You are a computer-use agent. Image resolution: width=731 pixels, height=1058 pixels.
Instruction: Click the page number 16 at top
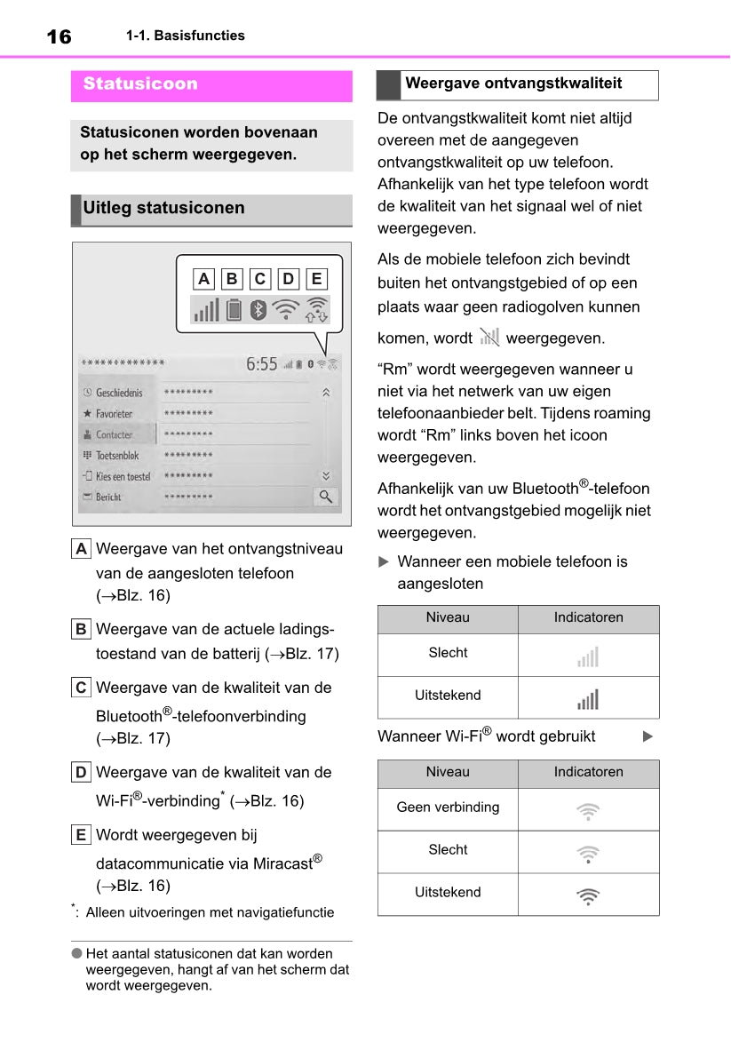pyautogui.click(x=59, y=36)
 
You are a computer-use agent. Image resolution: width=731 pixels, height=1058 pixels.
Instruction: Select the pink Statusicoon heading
pyautogui.click(x=140, y=84)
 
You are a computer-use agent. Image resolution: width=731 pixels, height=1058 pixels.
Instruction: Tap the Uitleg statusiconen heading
pyautogui.click(x=163, y=209)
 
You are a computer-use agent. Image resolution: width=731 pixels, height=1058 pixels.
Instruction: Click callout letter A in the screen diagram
pyautogui.click(x=204, y=279)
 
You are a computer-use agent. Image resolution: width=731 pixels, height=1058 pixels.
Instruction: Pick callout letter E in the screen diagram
pyautogui.click(x=316, y=279)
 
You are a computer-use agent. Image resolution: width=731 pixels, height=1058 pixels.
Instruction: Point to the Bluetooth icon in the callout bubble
pyautogui.click(x=258, y=310)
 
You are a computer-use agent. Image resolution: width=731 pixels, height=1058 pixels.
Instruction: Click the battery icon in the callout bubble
pyautogui.click(x=234, y=310)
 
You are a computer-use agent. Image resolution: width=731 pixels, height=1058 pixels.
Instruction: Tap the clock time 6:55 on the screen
pyautogui.click(x=262, y=364)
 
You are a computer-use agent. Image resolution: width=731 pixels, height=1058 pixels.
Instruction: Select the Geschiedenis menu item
pyautogui.click(x=118, y=393)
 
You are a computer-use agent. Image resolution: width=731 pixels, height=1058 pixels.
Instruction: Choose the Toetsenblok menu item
pyautogui.click(x=116, y=456)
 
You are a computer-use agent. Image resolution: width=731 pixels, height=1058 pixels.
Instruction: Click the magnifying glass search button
pyautogui.click(x=326, y=497)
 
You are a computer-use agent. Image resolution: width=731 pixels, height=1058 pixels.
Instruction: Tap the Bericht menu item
pyautogui.click(x=107, y=497)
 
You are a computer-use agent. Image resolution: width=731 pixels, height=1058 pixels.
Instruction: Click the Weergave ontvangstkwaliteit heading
pyautogui.click(x=513, y=84)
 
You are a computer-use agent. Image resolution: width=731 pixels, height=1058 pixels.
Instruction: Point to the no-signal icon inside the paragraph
pyautogui.click(x=489, y=338)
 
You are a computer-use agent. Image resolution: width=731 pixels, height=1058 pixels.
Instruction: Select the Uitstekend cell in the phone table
pyautogui.click(x=448, y=696)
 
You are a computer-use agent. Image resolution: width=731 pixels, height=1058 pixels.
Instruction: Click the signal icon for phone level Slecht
pyautogui.click(x=588, y=657)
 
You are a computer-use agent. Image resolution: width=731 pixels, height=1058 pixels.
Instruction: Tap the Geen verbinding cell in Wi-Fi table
pyautogui.click(x=448, y=807)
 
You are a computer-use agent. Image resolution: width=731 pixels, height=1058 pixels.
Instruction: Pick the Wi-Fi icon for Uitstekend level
pyautogui.click(x=588, y=895)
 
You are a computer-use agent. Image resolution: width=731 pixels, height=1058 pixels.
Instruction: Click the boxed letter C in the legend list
pyautogui.click(x=81, y=688)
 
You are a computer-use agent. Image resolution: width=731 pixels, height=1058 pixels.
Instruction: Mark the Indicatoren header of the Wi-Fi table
pyautogui.click(x=588, y=772)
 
